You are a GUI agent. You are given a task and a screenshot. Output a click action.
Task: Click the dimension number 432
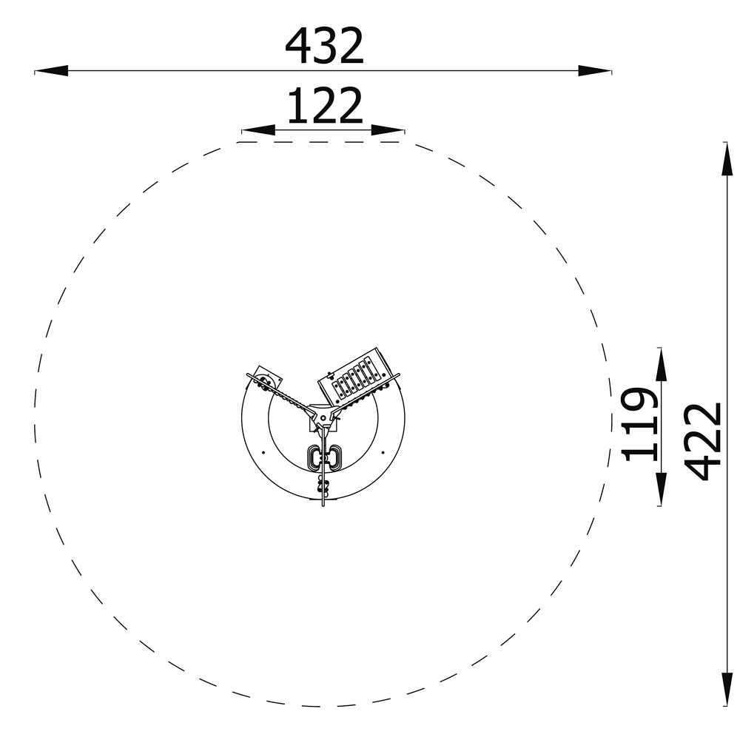[324, 46]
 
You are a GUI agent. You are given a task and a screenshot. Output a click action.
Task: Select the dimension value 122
[325, 106]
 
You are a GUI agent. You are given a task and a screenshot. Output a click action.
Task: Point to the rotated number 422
[703, 441]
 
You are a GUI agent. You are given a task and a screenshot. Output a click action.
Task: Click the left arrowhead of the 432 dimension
[52, 71]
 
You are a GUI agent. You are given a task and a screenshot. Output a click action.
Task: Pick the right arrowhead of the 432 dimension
[595, 71]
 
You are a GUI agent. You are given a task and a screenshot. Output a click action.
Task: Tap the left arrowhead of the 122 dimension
[258, 129]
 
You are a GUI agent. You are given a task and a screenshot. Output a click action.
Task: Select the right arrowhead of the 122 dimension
[388, 129]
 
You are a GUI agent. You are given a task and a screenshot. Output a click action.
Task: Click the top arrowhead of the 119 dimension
[661, 364]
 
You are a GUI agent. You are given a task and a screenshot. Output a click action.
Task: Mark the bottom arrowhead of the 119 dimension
[661, 489]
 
